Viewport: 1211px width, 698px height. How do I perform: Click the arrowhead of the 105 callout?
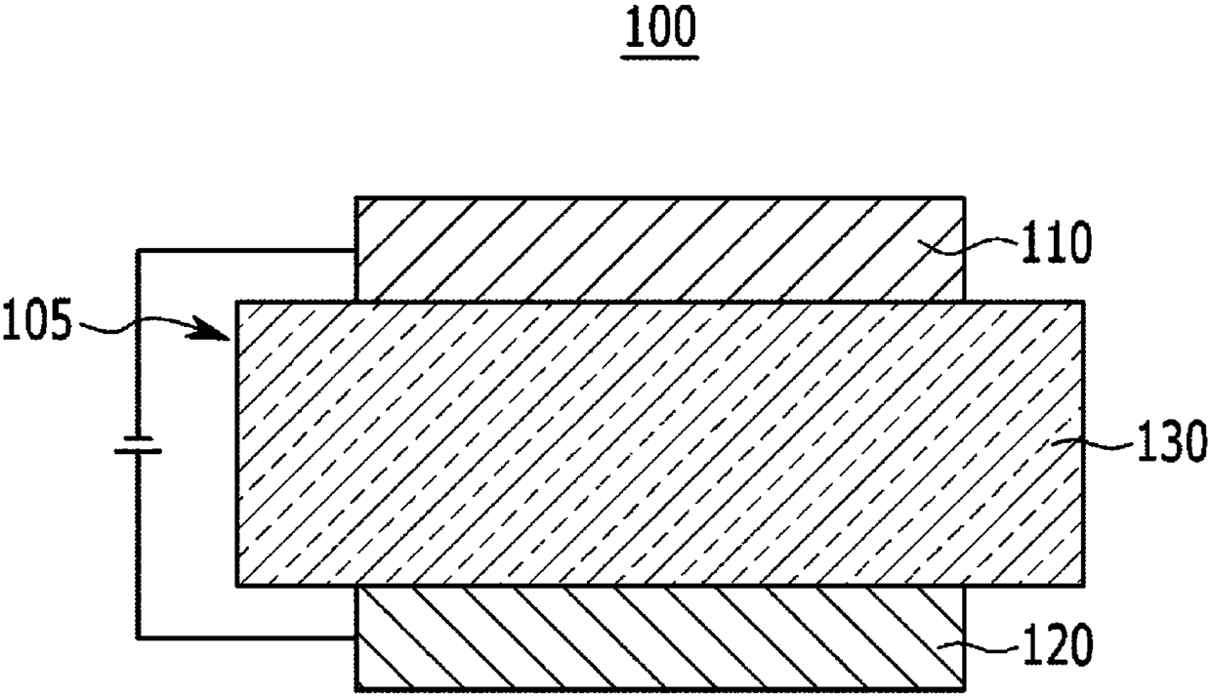(x=223, y=337)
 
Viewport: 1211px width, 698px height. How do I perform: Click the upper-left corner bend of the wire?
(x=137, y=252)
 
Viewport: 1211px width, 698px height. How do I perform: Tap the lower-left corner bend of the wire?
(x=137, y=638)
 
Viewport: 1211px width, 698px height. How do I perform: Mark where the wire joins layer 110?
(x=355, y=252)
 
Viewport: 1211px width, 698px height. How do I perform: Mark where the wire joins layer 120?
(x=355, y=638)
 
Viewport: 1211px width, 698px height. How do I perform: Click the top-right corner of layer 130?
(x=1082, y=303)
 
